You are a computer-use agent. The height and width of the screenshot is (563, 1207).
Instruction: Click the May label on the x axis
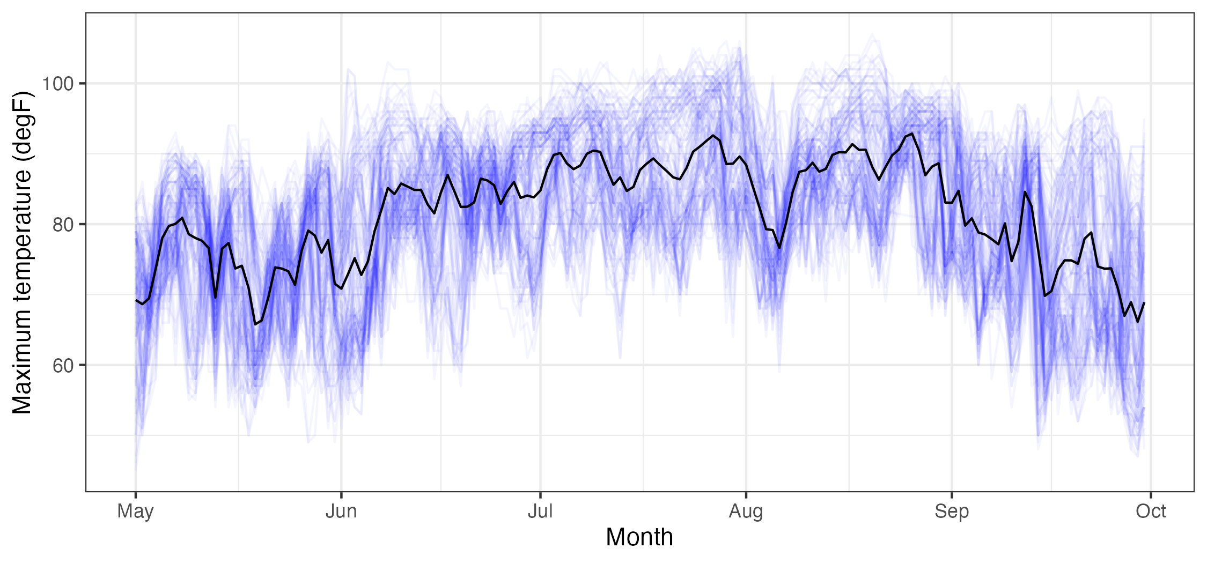click(135, 512)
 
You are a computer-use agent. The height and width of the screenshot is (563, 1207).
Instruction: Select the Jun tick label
click(341, 512)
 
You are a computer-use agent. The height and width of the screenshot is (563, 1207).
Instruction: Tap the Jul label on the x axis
click(540, 512)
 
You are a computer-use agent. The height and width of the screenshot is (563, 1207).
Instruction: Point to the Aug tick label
click(746, 512)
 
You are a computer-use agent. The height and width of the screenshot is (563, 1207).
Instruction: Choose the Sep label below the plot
click(952, 512)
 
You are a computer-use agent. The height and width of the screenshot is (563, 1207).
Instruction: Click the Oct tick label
click(1151, 512)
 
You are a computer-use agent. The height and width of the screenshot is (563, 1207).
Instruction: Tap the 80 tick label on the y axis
click(63, 225)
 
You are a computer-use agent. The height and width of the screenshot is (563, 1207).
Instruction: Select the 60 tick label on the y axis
click(63, 366)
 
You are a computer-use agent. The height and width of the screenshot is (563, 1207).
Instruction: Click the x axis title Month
click(639, 537)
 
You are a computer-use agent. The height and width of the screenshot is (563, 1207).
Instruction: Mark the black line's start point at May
click(136, 300)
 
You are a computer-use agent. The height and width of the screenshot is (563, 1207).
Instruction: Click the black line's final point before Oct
click(1144, 303)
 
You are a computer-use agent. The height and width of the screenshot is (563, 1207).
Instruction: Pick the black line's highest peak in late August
click(912, 134)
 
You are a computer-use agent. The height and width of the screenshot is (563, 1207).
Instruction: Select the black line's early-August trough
click(779, 248)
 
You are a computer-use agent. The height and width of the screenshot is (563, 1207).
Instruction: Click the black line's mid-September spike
click(1025, 191)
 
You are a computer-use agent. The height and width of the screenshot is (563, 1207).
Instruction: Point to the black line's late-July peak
click(713, 135)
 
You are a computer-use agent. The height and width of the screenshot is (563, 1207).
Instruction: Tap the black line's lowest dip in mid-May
click(255, 324)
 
